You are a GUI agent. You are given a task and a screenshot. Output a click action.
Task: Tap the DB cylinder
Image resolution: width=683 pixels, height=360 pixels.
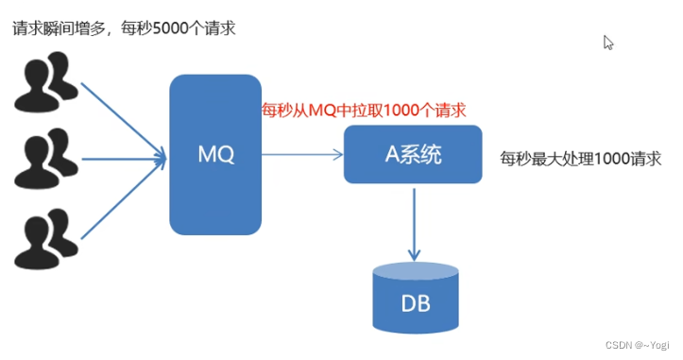tap(415, 301)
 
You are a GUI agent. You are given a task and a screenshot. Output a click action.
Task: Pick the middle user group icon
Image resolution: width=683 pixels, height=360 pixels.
tap(44, 159)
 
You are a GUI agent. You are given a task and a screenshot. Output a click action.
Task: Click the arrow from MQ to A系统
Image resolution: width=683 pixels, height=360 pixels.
tap(302, 154)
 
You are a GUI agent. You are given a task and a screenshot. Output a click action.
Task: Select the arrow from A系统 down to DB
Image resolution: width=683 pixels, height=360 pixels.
tap(414, 222)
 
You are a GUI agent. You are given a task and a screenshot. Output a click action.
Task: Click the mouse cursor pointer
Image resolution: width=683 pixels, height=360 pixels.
tap(608, 43)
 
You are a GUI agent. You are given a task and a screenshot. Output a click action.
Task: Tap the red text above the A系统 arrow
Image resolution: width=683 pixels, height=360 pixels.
tap(364, 111)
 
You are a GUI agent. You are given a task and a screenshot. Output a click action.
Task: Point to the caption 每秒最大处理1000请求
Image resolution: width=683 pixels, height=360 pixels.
tap(580, 158)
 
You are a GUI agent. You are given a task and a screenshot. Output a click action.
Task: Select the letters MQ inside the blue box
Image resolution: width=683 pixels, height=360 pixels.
tap(214, 154)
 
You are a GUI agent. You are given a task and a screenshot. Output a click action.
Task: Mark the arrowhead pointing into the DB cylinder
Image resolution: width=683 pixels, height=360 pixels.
tap(414, 255)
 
